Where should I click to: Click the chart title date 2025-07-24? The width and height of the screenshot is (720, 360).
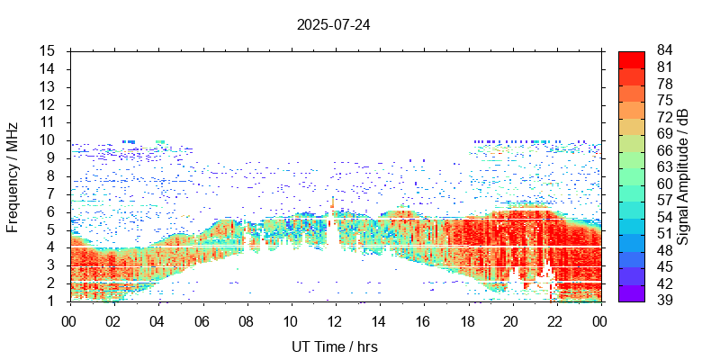click(333, 24)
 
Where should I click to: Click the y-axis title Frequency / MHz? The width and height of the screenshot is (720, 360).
click(13, 176)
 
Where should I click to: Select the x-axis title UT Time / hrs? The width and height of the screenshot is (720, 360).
click(333, 346)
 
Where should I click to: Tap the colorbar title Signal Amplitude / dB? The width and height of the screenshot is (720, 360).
click(684, 176)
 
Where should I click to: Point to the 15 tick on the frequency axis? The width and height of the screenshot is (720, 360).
click(49, 51)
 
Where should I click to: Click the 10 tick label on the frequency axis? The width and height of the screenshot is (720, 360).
click(49, 140)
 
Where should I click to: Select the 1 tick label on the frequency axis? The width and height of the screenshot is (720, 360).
click(52, 301)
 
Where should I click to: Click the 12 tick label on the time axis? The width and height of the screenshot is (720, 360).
click(334, 320)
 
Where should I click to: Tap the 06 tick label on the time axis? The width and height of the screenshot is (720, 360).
click(201, 320)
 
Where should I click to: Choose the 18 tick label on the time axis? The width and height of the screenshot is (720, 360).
click(467, 320)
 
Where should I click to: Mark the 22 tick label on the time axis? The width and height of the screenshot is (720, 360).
click(555, 320)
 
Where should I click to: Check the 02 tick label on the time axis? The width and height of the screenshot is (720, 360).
click(112, 320)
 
